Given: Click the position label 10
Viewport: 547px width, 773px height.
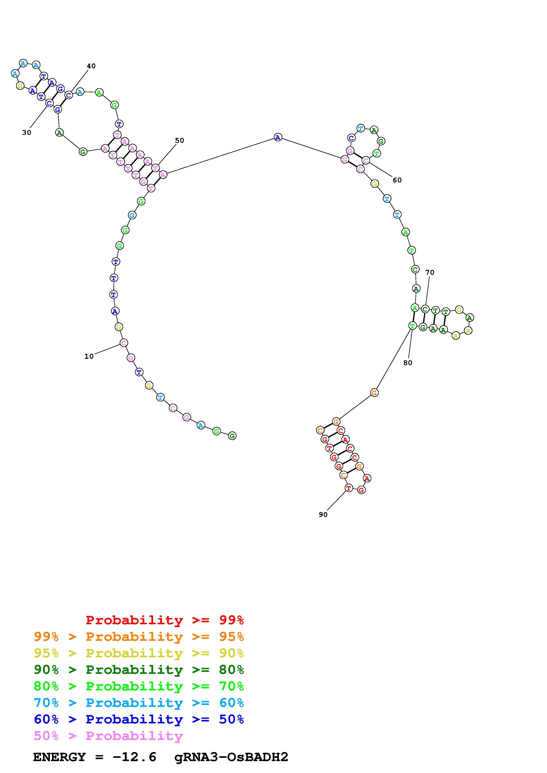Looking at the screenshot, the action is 89,357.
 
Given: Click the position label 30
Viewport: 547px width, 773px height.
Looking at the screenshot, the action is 27,133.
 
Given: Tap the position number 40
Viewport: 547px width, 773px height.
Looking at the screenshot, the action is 91,66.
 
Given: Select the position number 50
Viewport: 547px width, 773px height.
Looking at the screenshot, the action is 180,140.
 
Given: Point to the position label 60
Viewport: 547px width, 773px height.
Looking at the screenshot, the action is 397,180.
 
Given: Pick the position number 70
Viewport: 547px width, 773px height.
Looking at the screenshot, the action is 430,272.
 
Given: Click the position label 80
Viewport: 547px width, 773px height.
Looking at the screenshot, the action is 408,363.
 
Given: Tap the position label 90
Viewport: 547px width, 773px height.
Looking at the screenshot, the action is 323,515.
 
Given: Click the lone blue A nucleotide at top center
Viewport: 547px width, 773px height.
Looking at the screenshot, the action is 278,137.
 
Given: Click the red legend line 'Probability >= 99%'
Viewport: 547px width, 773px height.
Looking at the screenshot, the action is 165,620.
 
